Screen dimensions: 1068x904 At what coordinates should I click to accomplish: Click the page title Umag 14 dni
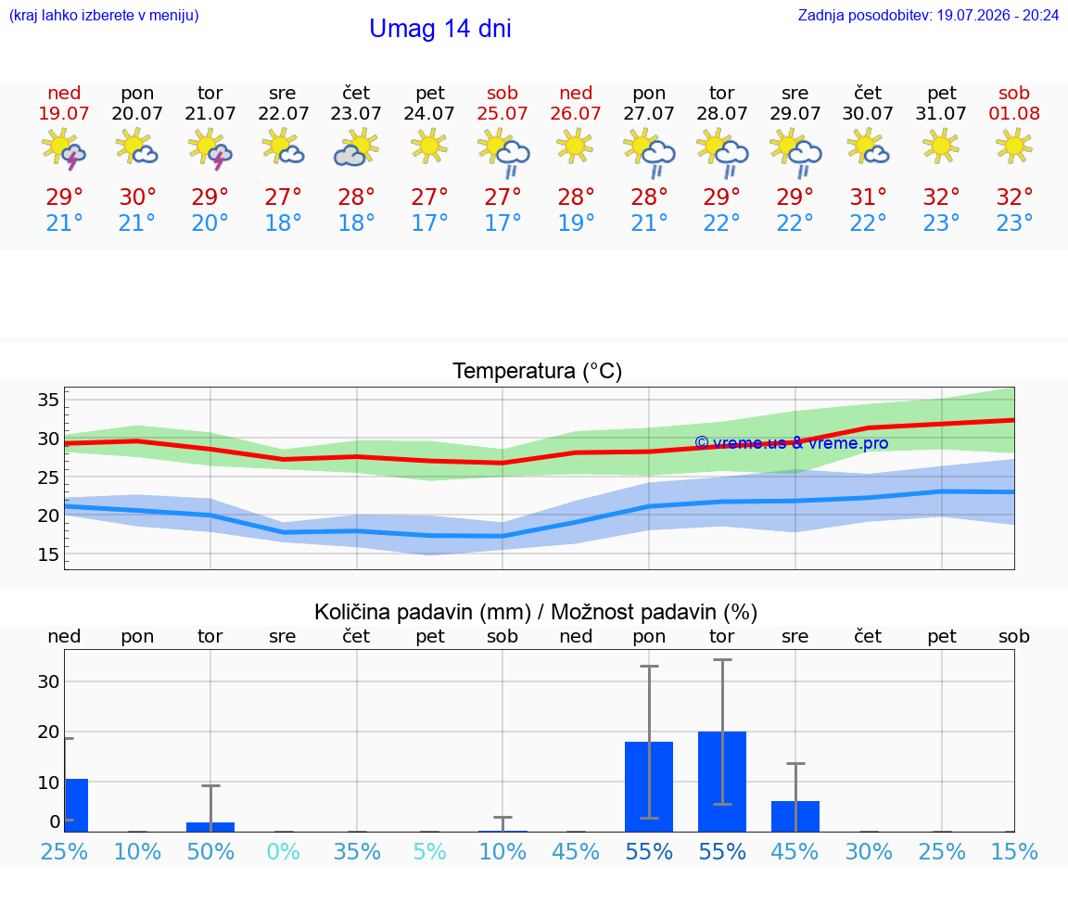pyautogui.click(x=440, y=29)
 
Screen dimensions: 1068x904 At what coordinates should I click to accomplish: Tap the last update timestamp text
pyautogui.click(x=928, y=15)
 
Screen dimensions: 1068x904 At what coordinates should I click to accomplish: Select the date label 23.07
pyautogui.click(x=356, y=113)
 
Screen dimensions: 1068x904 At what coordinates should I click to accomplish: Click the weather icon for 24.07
pyautogui.click(x=429, y=146)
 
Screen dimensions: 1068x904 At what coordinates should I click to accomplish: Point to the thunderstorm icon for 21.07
pyautogui.click(x=210, y=149)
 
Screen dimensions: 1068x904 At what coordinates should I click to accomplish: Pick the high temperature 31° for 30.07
pyautogui.click(x=868, y=197)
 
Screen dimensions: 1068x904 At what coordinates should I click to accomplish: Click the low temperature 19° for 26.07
pyautogui.click(x=577, y=223)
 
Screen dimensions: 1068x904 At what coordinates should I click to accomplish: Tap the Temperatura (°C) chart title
pyautogui.click(x=538, y=371)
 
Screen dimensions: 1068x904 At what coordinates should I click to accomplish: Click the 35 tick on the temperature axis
pyautogui.click(x=48, y=400)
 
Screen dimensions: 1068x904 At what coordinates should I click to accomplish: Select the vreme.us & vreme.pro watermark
pyautogui.click(x=792, y=443)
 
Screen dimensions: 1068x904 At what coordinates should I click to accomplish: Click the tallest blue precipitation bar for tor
pyautogui.click(x=722, y=782)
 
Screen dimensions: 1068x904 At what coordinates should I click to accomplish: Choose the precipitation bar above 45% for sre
pyautogui.click(x=795, y=816)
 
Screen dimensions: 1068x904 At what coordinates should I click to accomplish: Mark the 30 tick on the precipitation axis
pyautogui.click(x=48, y=681)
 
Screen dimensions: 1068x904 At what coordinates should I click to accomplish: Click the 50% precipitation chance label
pyautogui.click(x=210, y=851)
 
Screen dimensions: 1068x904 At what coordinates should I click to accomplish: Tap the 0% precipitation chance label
pyautogui.click(x=284, y=851)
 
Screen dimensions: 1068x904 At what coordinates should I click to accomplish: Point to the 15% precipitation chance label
pyautogui.click(x=1014, y=851)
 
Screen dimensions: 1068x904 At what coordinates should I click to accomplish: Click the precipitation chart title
pyautogui.click(x=536, y=612)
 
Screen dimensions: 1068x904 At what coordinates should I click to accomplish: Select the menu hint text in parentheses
pyautogui.click(x=104, y=15)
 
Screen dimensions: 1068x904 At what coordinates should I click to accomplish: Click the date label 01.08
pyautogui.click(x=1014, y=113)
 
